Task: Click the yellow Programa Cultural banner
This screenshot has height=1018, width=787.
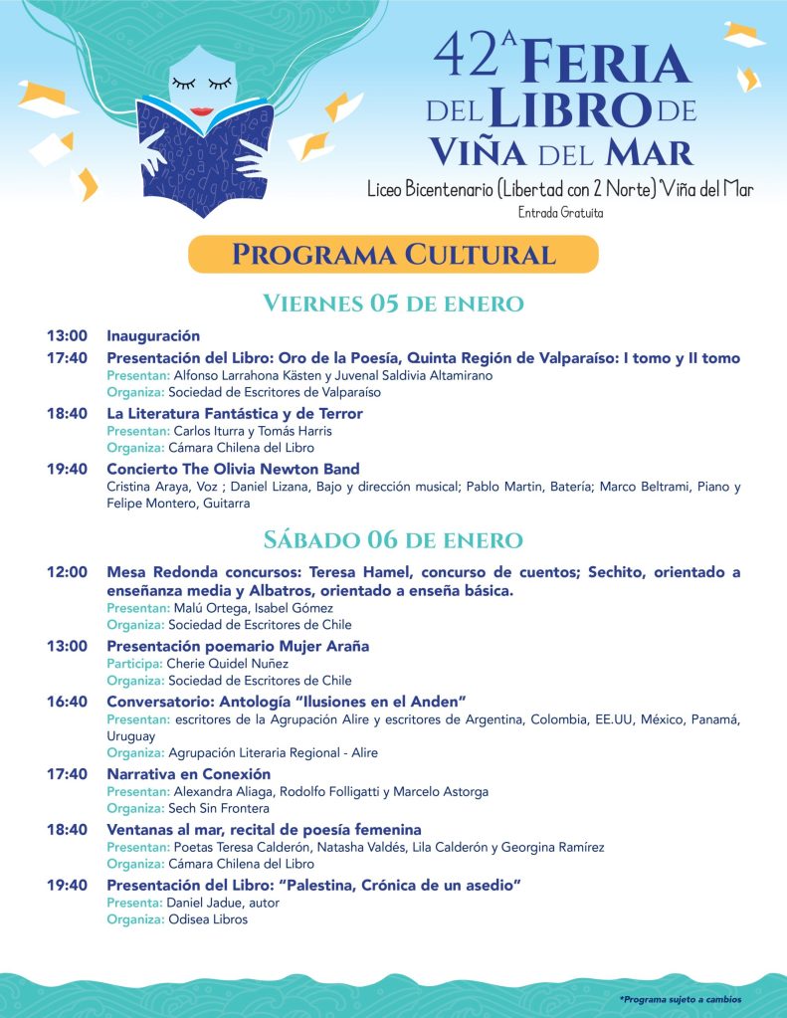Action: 393,254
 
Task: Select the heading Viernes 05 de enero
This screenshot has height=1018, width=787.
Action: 393,304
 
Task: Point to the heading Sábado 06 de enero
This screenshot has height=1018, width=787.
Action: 393,540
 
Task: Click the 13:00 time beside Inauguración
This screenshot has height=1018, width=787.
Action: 67,336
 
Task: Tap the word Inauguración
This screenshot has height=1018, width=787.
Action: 153,336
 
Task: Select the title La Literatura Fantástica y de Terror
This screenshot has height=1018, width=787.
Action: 235,413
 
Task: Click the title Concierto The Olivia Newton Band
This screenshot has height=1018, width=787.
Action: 233,469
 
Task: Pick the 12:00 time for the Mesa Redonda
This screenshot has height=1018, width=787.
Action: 67,572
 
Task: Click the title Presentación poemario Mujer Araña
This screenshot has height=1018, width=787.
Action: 238,646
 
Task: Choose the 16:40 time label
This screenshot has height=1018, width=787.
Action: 67,702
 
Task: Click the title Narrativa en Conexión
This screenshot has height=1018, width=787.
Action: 189,774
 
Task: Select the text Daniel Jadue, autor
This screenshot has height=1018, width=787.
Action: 223,903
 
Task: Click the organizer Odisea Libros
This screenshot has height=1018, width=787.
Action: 208,920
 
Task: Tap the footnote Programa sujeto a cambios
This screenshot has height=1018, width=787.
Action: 680,999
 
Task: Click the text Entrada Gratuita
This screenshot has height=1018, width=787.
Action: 560,212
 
